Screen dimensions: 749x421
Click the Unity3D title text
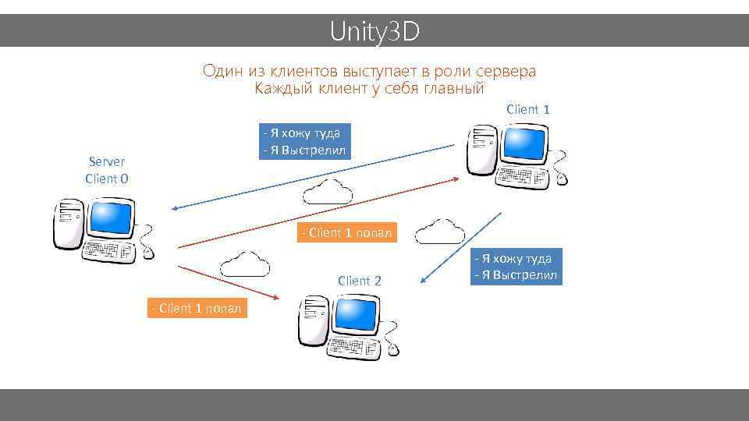click(x=374, y=31)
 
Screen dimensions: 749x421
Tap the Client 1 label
click(x=527, y=109)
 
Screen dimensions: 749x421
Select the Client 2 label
click(x=359, y=281)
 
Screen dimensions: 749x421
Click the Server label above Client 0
click(x=107, y=161)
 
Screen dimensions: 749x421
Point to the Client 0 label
click(x=107, y=179)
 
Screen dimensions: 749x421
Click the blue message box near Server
click(x=305, y=141)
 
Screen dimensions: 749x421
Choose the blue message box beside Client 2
click(x=515, y=267)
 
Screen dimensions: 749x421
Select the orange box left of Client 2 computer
click(x=196, y=308)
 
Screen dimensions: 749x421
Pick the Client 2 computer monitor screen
click(x=356, y=315)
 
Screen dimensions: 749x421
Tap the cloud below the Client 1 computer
click(x=441, y=231)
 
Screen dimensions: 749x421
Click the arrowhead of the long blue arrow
click(x=176, y=208)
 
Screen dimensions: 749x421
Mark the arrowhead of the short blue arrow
click(x=422, y=281)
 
